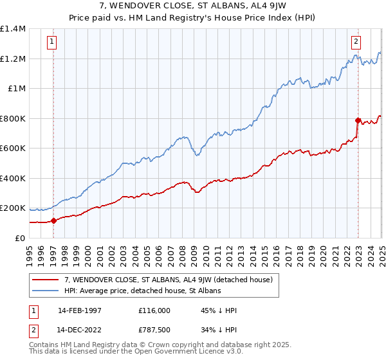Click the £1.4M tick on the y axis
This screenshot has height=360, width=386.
[x=14, y=29]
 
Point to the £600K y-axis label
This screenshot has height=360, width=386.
[x=14, y=148]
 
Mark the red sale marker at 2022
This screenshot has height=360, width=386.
[x=358, y=120]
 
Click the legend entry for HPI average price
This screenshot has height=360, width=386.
[x=142, y=291]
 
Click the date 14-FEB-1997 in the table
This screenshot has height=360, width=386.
[x=79, y=310]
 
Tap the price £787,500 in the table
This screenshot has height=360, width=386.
[x=154, y=331]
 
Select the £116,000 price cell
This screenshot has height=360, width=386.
[x=154, y=310]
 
